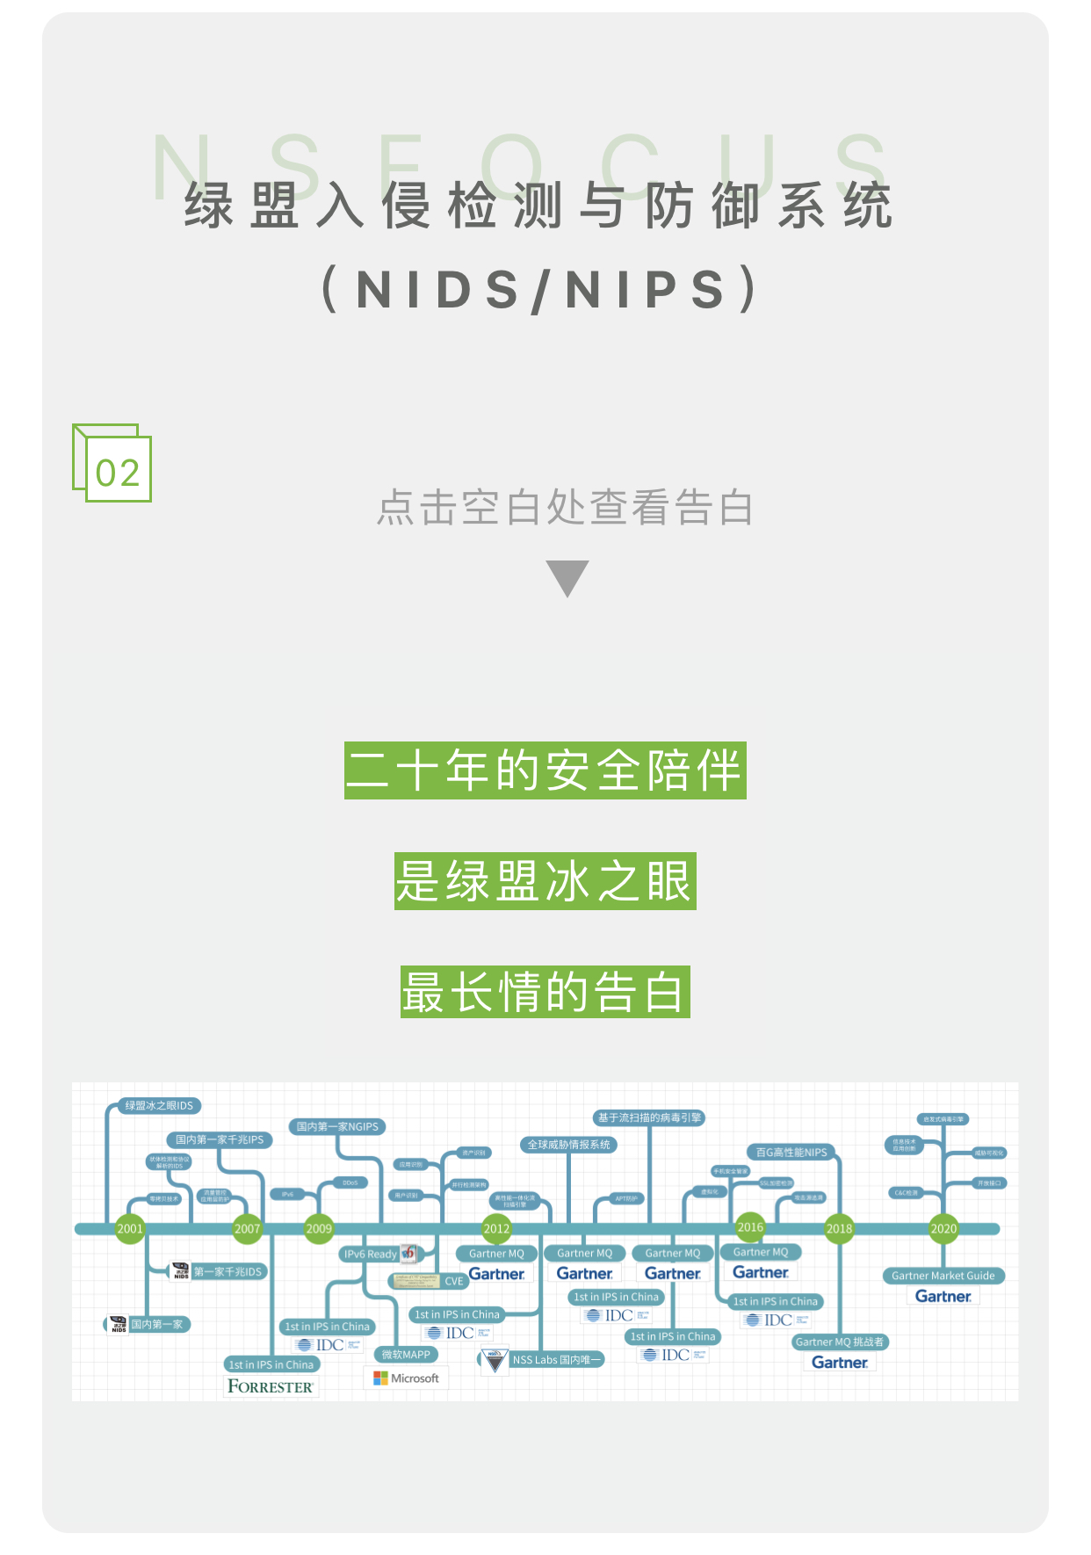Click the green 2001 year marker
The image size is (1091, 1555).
pyautogui.click(x=130, y=1228)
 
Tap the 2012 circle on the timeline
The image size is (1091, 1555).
pyautogui.click(x=496, y=1228)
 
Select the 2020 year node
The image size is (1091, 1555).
pyautogui.click(x=943, y=1228)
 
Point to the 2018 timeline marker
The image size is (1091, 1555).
pyautogui.click(x=839, y=1228)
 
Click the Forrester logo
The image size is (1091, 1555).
pyautogui.click(x=271, y=1386)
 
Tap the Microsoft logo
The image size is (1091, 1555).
pyautogui.click(x=406, y=1378)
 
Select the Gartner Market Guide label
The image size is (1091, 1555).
pyautogui.click(x=943, y=1276)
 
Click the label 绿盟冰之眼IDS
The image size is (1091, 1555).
pyautogui.click(x=158, y=1105)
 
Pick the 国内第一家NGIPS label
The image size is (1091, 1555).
pyautogui.click(x=337, y=1126)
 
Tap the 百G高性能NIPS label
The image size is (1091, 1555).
pyautogui.click(x=791, y=1152)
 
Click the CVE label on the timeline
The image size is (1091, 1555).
pyautogui.click(x=453, y=1281)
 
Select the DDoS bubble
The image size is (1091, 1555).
pyautogui.click(x=350, y=1183)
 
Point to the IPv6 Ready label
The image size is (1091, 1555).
pyautogui.click(x=371, y=1254)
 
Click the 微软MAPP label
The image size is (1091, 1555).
pyautogui.click(x=406, y=1355)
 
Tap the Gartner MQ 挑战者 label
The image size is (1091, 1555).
pyautogui.click(x=840, y=1342)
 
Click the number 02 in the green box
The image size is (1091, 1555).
pyautogui.click(x=118, y=473)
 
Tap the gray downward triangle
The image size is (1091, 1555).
pyautogui.click(x=567, y=577)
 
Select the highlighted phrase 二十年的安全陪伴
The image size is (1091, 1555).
pyautogui.click(x=545, y=770)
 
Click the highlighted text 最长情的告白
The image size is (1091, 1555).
pyautogui.click(x=545, y=992)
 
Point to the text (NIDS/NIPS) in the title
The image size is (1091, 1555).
pyautogui.click(x=540, y=289)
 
